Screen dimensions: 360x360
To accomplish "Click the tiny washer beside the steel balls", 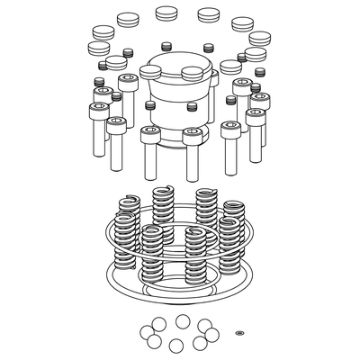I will coord(239,333).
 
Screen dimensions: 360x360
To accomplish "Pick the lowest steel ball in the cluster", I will coord(175,346).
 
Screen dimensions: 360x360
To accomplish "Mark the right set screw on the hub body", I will coord(192,107).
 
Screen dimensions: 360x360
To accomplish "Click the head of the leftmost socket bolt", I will coord(98,110).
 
